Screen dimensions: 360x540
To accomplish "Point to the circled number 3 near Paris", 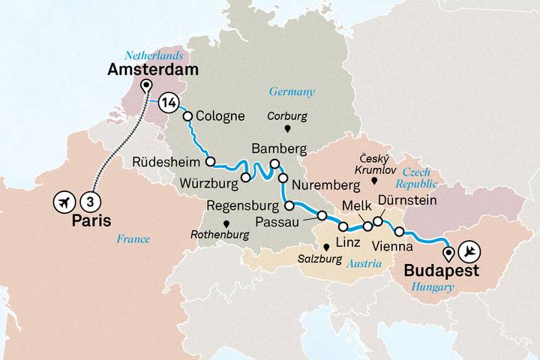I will click(x=90, y=201).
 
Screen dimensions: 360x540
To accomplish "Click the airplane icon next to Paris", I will click(x=64, y=201).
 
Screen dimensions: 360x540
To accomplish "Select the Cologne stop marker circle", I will click(x=188, y=116).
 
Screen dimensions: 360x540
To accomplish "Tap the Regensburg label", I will click(x=244, y=205).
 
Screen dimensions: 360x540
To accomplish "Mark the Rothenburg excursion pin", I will click(x=226, y=223).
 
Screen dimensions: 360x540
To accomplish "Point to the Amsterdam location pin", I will click(x=145, y=85).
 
